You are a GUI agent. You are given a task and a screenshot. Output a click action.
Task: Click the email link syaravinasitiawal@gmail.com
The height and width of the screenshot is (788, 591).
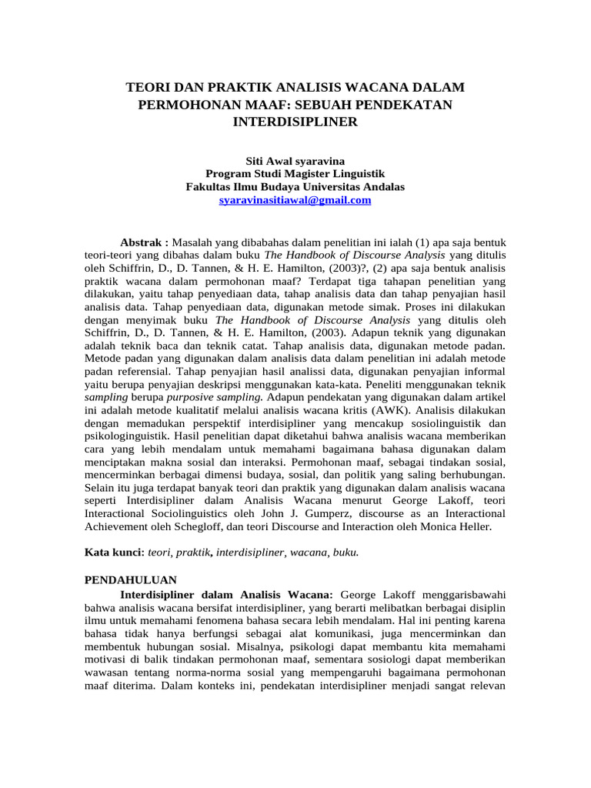tap(295, 200)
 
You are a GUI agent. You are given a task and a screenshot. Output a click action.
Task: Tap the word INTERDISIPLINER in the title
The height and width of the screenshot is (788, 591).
tap(295, 122)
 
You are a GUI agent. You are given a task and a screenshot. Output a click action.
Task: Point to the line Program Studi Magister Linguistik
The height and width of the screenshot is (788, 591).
tap(295, 174)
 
